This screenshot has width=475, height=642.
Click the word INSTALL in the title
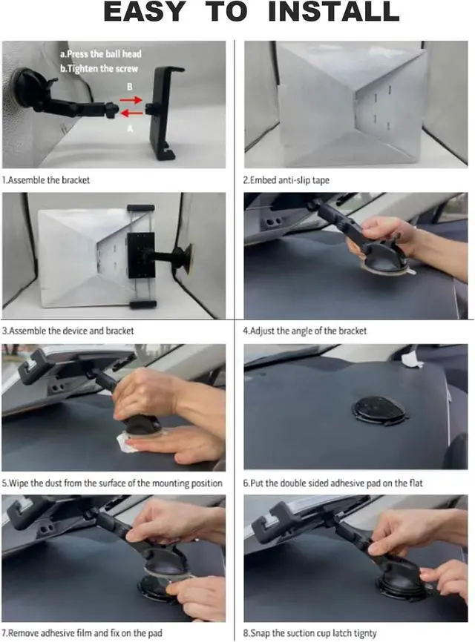pyautogui.click(x=333, y=11)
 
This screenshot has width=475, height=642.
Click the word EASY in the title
pyautogui.click(x=144, y=11)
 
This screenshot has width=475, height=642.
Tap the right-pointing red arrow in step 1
pyautogui.click(x=131, y=99)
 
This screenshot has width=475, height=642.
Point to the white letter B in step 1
pyautogui.click(x=129, y=87)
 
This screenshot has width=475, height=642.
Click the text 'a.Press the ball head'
pyautogui.click(x=100, y=54)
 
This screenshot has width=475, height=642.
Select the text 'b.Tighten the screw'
pyautogui.click(x=99, y=68)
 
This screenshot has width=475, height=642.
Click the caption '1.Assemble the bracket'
pyautogui.click(x=46, y=180)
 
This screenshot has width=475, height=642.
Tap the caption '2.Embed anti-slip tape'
pyautogui.click(x=286, y=180)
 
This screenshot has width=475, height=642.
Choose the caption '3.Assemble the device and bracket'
pyautogui.click(x=68, y=331)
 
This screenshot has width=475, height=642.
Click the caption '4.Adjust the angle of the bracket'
pyautogui.click(x=305, y=331)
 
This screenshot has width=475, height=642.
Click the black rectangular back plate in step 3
pyautogui.click(x=141, y=256)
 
